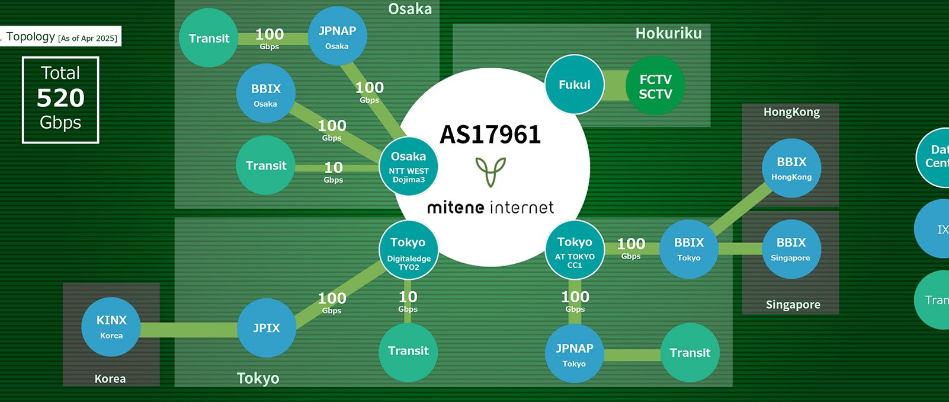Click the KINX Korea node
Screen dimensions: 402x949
tap(111, 327)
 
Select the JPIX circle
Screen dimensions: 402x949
tap(266, 328)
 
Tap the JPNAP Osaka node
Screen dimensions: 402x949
tap(337, 37)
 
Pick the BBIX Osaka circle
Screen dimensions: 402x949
tap(265, 94)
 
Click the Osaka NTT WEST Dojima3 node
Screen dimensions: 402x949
tap(408, 167)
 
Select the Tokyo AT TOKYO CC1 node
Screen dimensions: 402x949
tap(574, 251)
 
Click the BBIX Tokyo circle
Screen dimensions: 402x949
tap(688, 250)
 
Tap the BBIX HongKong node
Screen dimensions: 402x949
tap(791, 168)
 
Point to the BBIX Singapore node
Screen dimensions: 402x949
tap(791, 250)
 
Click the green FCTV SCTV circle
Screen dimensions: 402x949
tap(655, 87)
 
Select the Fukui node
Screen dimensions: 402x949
tap(574, 85)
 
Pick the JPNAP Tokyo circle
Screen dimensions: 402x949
tap(574, 354)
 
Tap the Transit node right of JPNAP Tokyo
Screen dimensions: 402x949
tap(690, 353)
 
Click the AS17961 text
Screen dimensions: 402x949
tap(490, 135)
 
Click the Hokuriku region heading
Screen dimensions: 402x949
tap(668, 34)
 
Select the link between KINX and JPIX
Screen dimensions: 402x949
tap(188, 330)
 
